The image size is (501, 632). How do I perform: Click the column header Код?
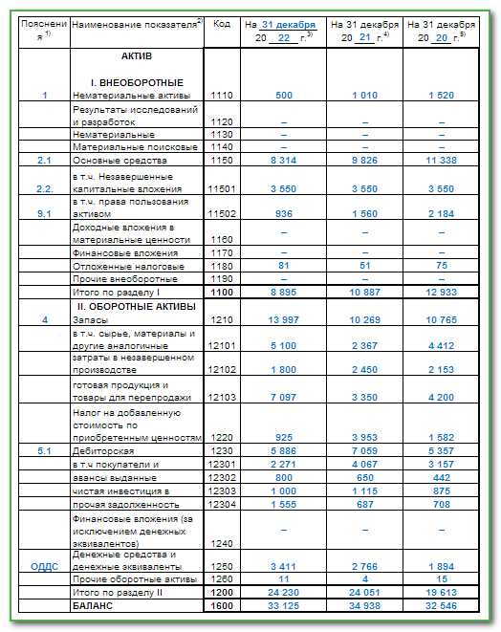click(222, 23)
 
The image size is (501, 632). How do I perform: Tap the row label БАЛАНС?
click(94, 605)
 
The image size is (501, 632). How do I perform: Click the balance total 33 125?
click(283, 605)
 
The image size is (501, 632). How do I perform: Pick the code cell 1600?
click(222, 605)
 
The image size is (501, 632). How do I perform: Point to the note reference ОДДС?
click(44, 567)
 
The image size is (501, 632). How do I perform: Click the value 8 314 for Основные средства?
click(283, 161)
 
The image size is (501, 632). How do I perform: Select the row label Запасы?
click(92, 318)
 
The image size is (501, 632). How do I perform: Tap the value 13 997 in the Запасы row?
click(283, 318)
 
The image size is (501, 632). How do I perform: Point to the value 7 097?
click(283, 397)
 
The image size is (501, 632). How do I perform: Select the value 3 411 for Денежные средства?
click(283, 567)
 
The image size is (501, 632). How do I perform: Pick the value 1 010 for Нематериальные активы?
click(364, 96)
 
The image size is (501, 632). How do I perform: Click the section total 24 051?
click(364, 592)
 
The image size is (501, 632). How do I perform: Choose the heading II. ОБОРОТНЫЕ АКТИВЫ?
click(136, 306)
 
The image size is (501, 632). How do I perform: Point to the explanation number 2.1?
click(44, 161)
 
